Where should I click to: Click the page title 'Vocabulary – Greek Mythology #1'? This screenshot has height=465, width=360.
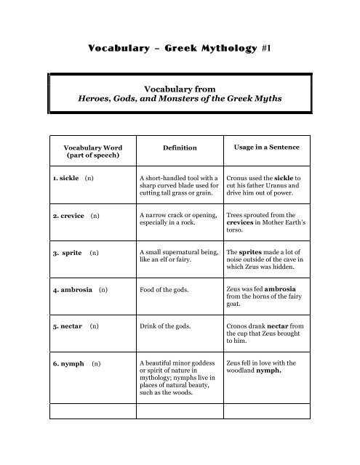click(x=180, y=49)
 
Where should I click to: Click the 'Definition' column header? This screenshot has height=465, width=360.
click(x=180, y=147)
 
